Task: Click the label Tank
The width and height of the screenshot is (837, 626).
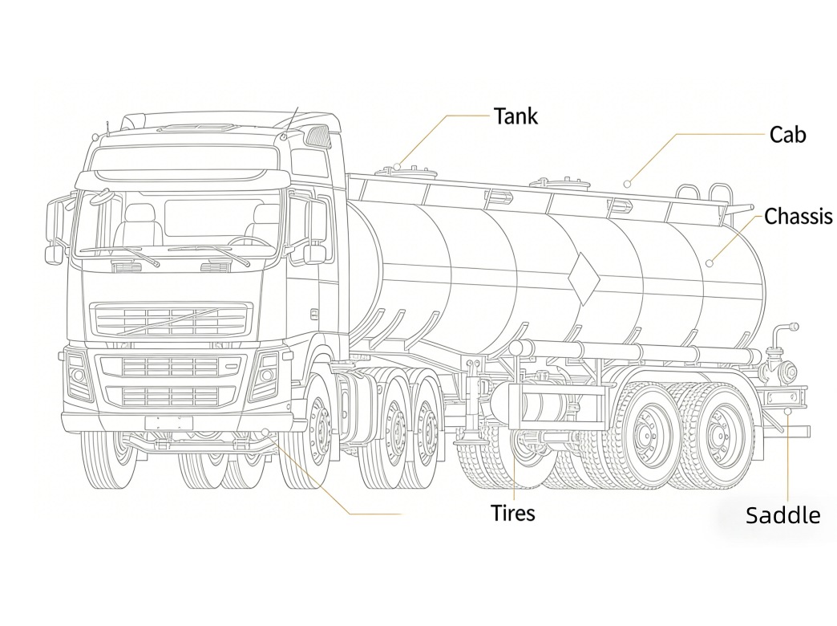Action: (516, 116)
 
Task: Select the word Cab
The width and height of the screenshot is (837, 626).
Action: (787, 135)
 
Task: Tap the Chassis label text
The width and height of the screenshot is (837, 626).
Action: (798, 217)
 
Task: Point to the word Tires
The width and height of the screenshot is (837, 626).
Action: (513, 513)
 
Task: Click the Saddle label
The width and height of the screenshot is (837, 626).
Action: (782, 515)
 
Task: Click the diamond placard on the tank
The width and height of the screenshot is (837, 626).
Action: (584, 279)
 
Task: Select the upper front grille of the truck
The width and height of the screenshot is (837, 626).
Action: (172, 319)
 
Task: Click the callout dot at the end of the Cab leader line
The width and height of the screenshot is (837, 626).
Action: (628, 184)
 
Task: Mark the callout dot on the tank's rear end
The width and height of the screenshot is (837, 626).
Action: (710, 263)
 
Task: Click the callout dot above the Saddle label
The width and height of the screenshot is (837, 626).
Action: (787, 411)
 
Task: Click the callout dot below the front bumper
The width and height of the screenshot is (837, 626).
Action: (265, 431)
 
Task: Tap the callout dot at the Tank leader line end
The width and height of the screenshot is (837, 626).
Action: (398, 167)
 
